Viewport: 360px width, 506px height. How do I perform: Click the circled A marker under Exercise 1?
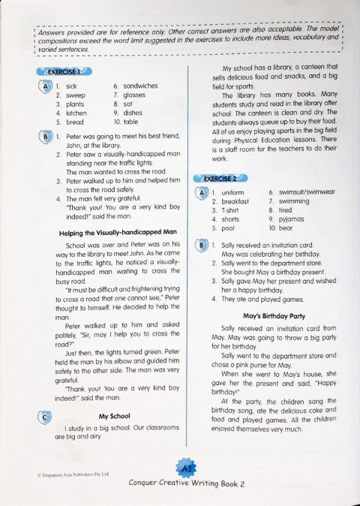(46, 86)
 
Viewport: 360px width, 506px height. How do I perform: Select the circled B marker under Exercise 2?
(201, 245)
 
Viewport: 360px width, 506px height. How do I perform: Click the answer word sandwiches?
(140, 86)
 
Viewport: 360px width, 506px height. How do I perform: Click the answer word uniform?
(234, 193)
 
